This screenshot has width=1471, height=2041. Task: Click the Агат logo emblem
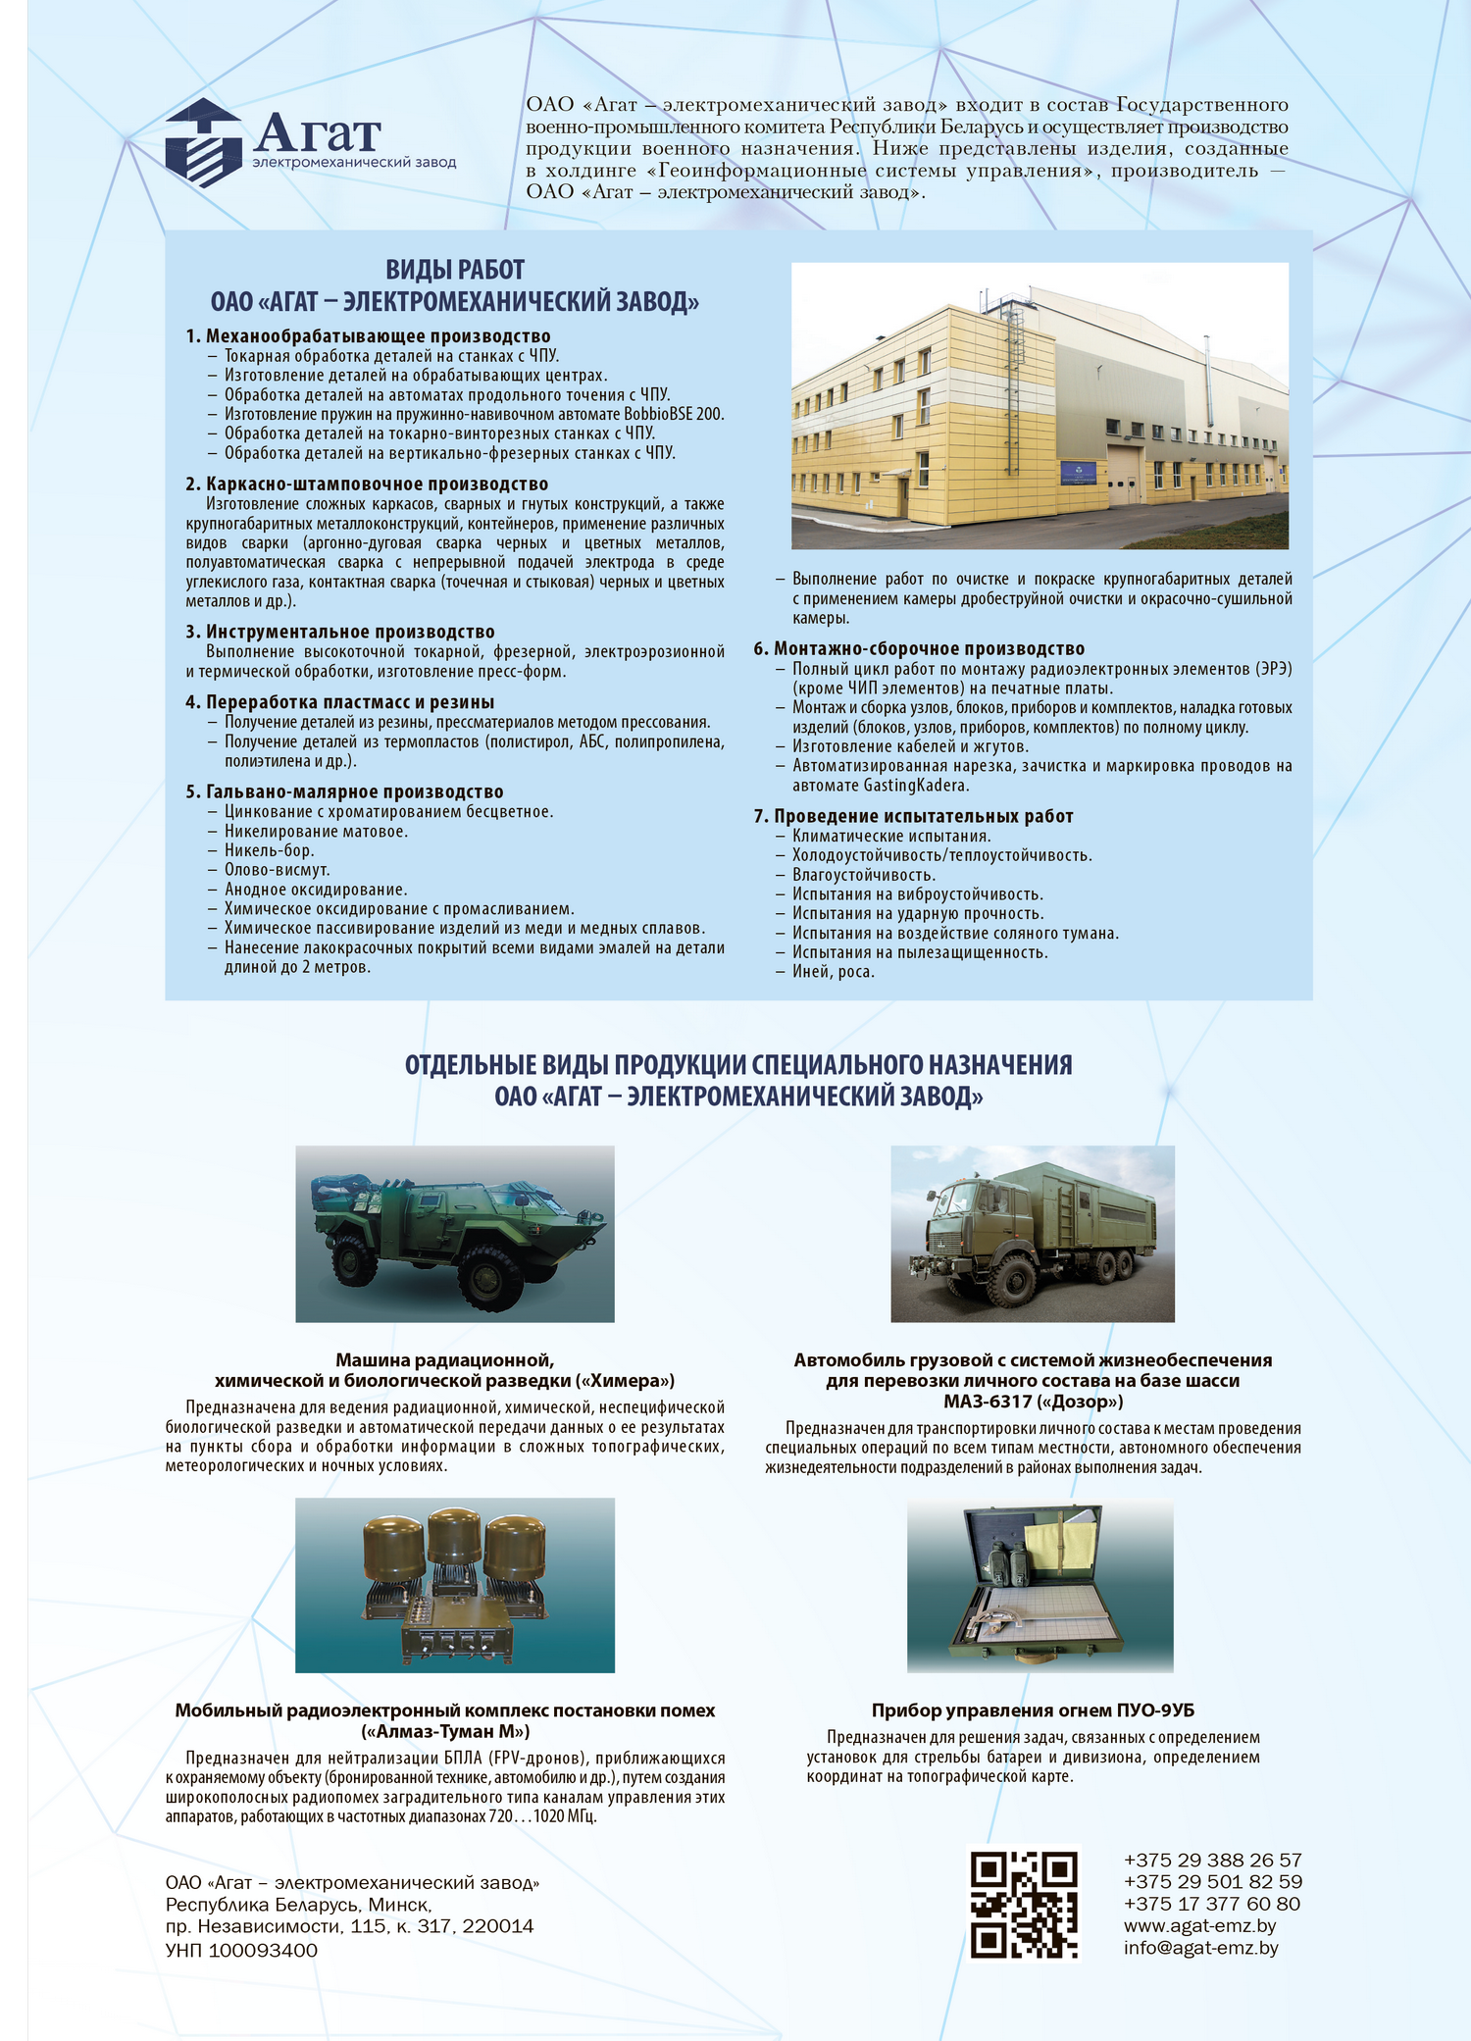[x=203, y=143]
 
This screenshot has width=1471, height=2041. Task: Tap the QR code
[x=1024, y=1904]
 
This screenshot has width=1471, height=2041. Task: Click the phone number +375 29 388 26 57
[x=1212, y=1860]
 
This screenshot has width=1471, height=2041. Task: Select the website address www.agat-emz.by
[x=1199, y=1925]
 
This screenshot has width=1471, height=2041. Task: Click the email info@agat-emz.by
[x=1200, y=1948]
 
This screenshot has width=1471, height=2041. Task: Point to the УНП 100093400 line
[x=241, y=1950]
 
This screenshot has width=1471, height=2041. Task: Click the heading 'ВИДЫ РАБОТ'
[x=455, y=270]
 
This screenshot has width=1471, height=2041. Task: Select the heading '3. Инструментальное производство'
[x=340, y=632]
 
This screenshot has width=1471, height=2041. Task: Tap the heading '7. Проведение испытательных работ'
[x=913, y=816]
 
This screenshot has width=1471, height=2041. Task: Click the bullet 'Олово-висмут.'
[x=277, y=870]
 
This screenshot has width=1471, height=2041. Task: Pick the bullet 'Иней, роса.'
[x=833, y=972]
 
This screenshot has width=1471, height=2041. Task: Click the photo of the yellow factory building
[x=1040, y=405]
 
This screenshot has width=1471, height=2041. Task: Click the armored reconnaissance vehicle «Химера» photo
[x=455, y=1234]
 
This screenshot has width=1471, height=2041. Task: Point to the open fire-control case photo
[x=1040, y=1586]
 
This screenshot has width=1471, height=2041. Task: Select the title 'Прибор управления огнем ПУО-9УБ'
[x=1033, y=1710]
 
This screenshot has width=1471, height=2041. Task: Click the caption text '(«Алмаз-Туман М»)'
[x=445, y=1731]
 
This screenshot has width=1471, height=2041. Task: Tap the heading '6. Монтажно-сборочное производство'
[x=919, y=648]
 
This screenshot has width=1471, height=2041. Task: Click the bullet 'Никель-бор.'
[x=269, y=850]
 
